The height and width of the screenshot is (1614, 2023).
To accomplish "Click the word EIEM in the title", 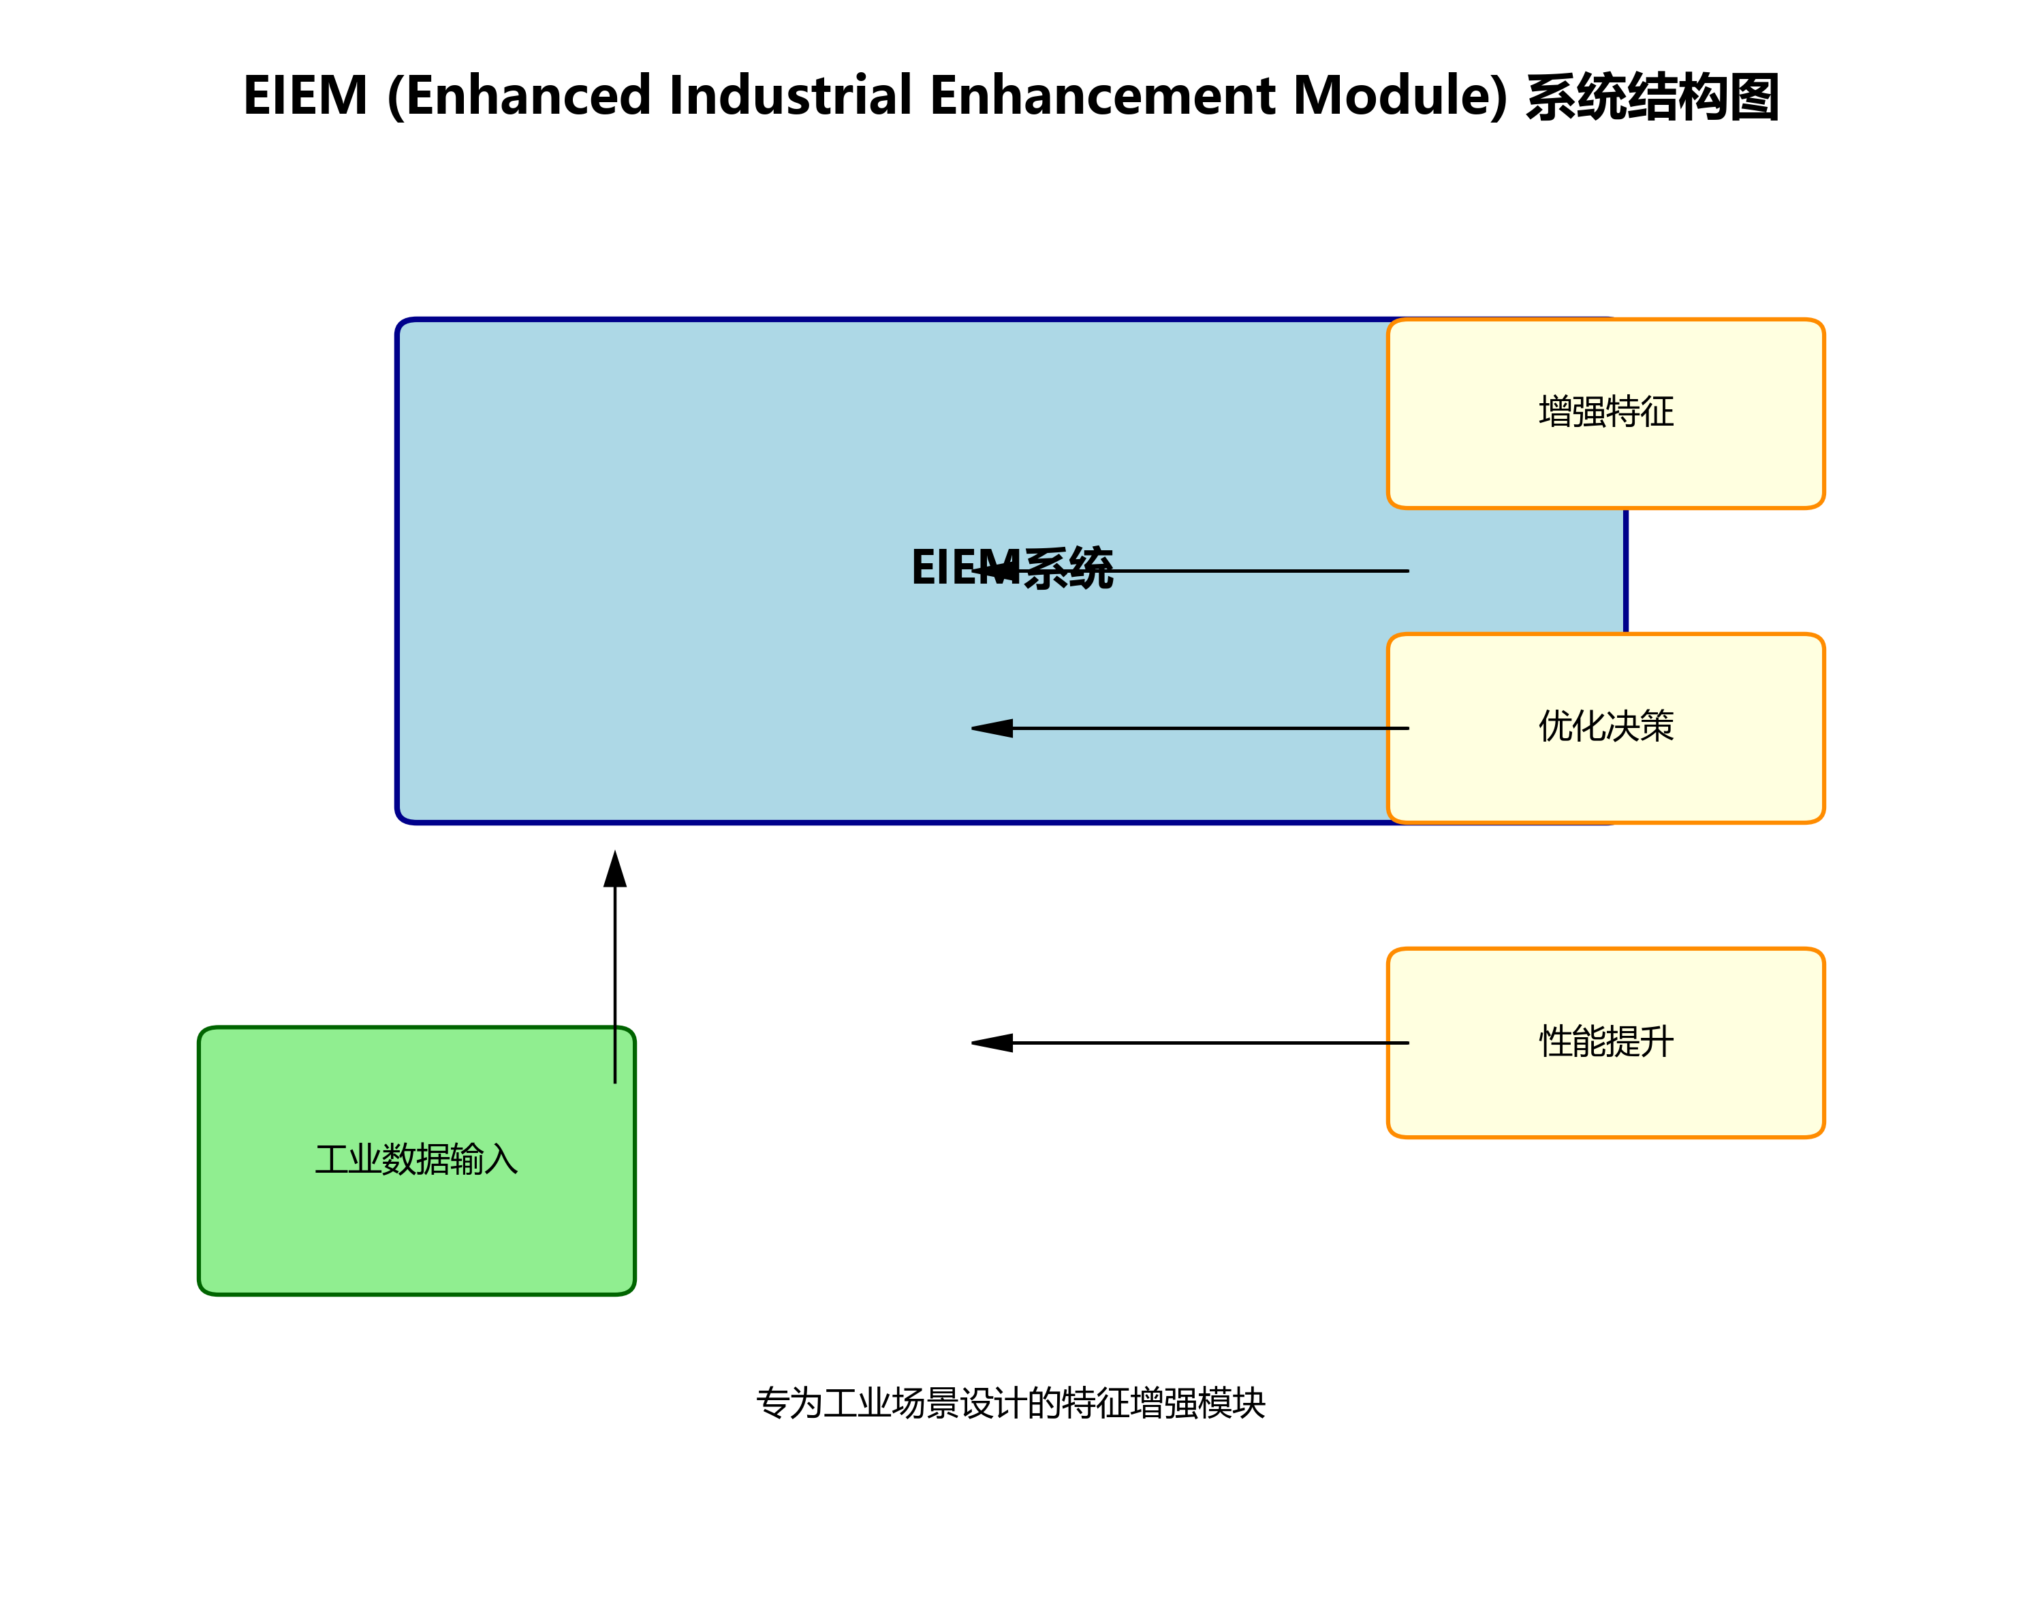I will (305, 96).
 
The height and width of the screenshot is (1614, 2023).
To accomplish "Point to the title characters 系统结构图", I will (1652, 97).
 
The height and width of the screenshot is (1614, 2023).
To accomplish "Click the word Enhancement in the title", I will (1103, 96).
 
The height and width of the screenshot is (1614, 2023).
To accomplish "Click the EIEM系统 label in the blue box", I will (1011, 569).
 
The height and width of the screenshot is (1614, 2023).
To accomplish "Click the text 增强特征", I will (1605, 412).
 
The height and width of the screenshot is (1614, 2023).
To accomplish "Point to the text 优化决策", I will (1605, 726).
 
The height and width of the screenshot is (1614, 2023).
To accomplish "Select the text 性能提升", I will (1605, 1041).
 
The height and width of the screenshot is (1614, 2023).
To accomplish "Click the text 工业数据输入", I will (417, 1160).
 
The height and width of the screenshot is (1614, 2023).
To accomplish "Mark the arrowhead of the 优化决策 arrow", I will (992, 728).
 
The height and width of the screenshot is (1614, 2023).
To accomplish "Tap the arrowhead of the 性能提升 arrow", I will (992, 1043).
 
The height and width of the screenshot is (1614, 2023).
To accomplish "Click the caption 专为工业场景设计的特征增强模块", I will (1011, 1404).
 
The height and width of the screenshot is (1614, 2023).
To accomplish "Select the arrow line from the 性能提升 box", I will (1210, 1043).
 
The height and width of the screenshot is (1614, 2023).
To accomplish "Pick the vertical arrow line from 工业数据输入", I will (614, 985).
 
